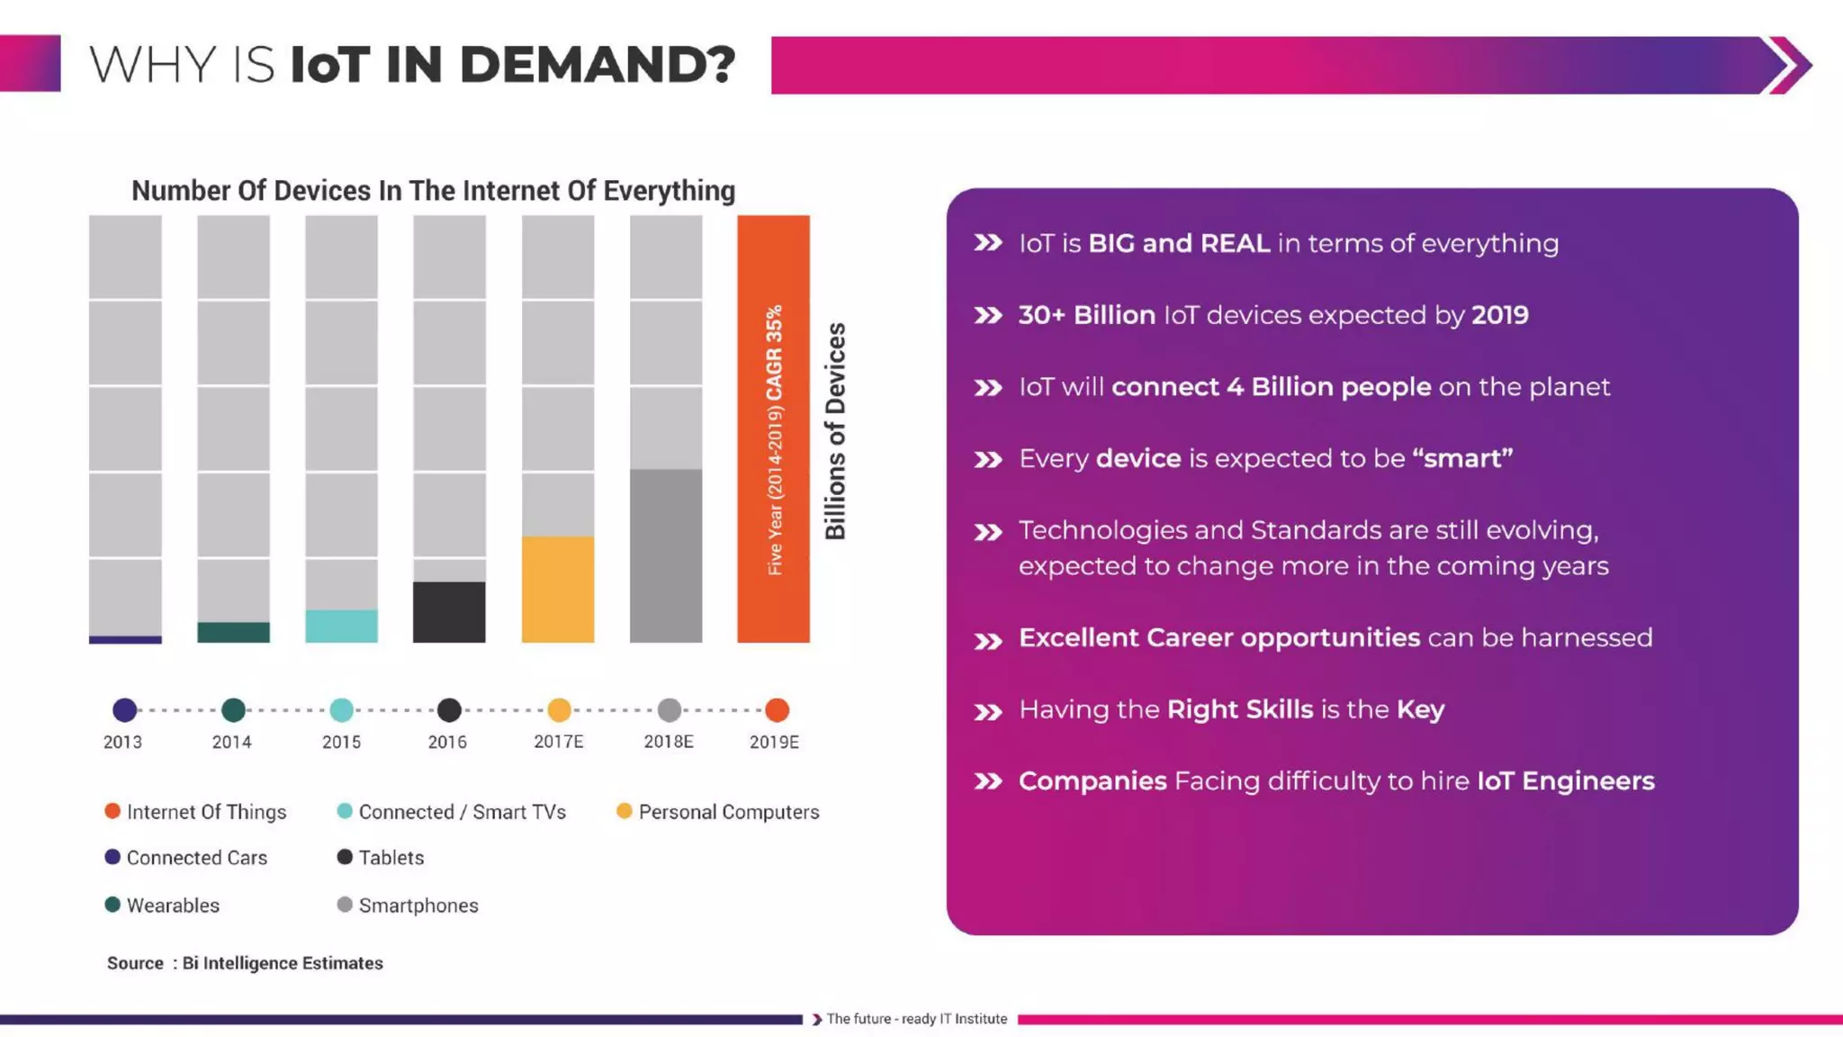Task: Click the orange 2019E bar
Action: (x=773, y=428)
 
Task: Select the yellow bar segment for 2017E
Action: (x=558, y=590)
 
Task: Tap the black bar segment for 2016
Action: (x=449, y=612)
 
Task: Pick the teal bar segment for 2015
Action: (x=341, y=626)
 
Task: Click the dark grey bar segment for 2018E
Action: (x=666, y=555)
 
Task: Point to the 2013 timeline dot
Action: (x=125, y=710)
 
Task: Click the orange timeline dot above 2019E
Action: (x=777, y=710)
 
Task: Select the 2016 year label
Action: (x=447, y=742)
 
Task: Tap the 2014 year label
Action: (x=231, y=742)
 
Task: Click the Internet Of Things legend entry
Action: (x=196, y=812)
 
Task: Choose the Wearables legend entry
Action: (x=163, y=906)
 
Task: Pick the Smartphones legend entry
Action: (x=409, y=906)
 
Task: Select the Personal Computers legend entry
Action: (x=718, y=812)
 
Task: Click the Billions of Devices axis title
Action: (x=835, y=431)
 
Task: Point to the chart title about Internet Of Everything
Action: (x=433, y=191)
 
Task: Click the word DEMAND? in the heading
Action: (x=598, y=65)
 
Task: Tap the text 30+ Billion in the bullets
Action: (x=1087, y=315)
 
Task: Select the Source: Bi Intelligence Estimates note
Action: (x=245, y=963)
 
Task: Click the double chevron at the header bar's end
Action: (x=1789, y=65)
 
